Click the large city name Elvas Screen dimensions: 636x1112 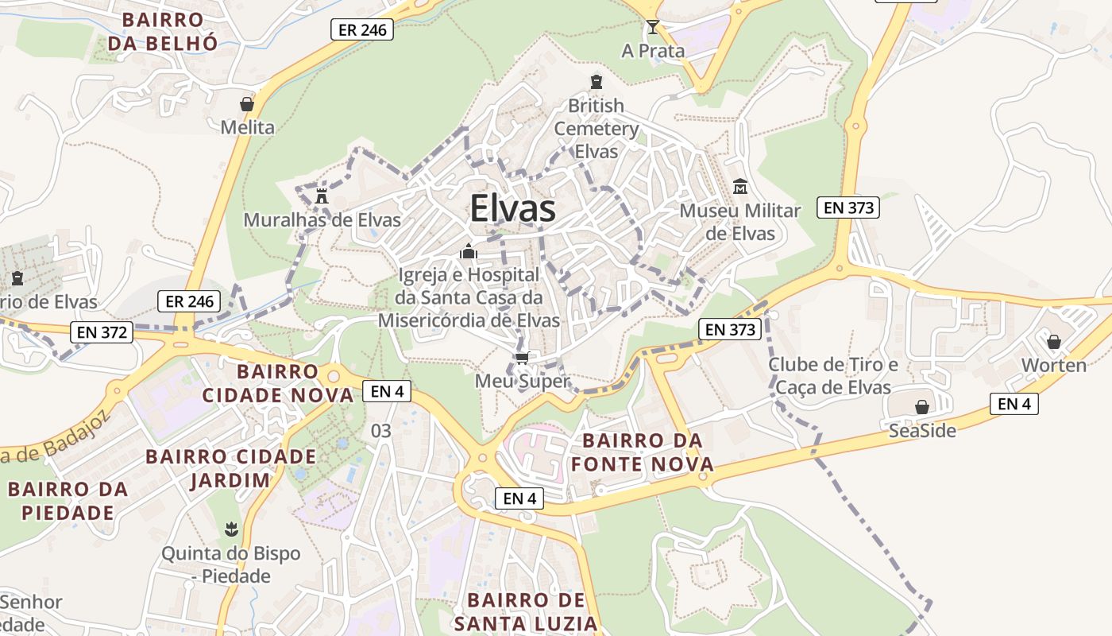point(512,208)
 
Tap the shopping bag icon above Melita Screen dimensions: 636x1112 point(247,104)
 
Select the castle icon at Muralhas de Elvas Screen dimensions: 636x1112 point(322,196)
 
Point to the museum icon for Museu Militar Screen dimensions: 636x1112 point(740,187)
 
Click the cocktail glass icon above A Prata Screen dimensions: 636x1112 point(652,28)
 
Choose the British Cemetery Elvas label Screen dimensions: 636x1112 point(596,128)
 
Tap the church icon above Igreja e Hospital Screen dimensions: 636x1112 point(469,252)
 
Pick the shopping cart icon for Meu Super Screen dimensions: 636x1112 point(522,359)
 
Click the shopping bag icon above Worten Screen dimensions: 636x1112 point(1054,342)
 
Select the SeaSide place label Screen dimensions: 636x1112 point(922,430)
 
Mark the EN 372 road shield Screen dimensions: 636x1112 point(102,332)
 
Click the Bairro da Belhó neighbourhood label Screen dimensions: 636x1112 point(162,31)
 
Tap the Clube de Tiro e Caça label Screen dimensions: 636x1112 point(832,376)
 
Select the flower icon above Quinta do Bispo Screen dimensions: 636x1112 point(231,529)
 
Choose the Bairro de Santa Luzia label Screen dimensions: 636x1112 point(526,611)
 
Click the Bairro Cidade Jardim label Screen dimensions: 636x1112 point(230,468)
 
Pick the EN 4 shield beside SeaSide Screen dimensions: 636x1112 point(1014,404)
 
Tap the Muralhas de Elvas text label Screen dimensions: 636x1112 point(322,219)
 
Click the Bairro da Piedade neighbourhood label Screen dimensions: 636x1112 point(68,501)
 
